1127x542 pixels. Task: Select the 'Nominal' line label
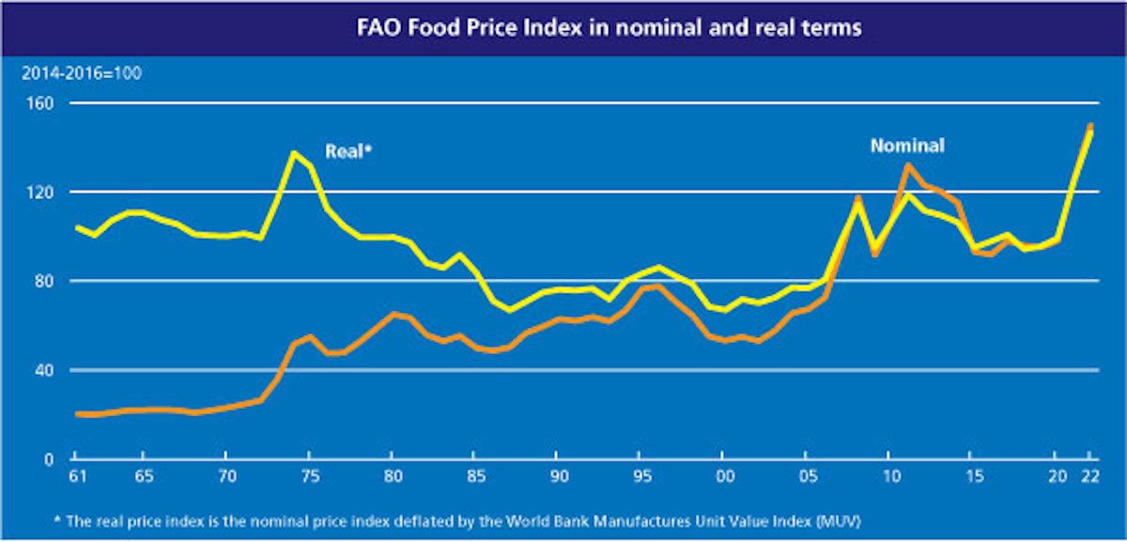[x=906, y=146]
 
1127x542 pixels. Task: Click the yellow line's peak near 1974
[x=294, y=152]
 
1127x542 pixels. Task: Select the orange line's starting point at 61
[x=78, y=413]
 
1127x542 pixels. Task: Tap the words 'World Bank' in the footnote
[x=610, y=518]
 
